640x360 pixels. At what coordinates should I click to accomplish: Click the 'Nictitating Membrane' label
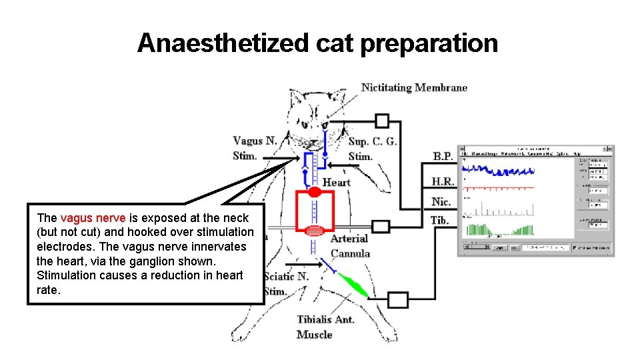click(414, 87)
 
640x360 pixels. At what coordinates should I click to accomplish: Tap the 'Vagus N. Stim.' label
click(255, 148)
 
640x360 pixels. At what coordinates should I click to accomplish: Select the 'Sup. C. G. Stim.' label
click(372, 149)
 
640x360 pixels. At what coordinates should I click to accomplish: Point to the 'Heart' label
click(336, 182)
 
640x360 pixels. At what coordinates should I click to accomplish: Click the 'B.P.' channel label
click(443, 156)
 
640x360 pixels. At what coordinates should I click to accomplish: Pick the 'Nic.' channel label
click(441, 201)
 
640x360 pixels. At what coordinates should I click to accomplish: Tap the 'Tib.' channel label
click(439, 220)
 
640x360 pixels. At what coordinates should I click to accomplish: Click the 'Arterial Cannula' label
click(349, 245)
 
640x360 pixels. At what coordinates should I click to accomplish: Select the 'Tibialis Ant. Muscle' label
click(325, 327)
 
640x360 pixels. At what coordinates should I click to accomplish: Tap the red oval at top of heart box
click(314, 192)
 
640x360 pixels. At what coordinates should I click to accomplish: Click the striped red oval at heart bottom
click(314, 231)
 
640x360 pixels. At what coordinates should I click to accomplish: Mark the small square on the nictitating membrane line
click(381, 121)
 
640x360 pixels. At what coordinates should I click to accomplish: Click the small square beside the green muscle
click(397, 300)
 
